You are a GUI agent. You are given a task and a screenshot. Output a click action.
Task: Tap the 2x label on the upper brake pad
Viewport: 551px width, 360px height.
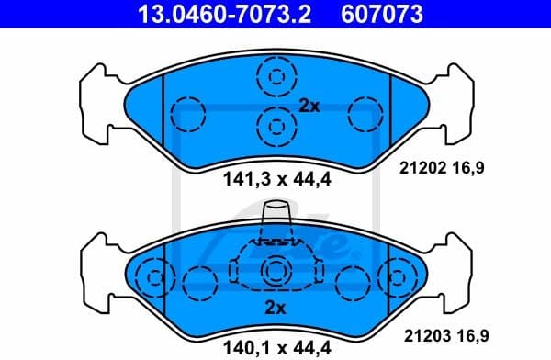(x=309, y=106)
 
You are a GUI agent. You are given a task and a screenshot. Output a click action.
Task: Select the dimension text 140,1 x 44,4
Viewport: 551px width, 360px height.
(x=275, y=346)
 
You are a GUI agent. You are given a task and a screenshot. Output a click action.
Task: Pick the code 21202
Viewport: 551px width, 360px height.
(x=423, y=168)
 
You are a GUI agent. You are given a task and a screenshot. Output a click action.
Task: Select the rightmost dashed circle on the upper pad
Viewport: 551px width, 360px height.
(x=365, y=115)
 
